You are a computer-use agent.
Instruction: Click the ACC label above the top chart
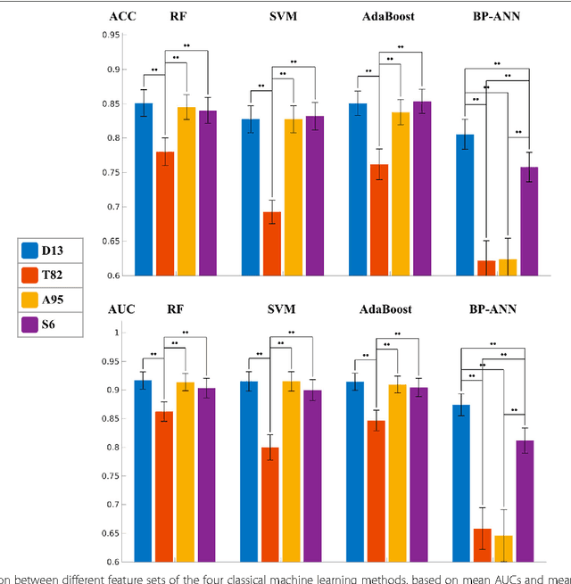coord(122,15)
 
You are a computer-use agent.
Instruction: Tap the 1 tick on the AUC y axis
coord(114,333)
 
